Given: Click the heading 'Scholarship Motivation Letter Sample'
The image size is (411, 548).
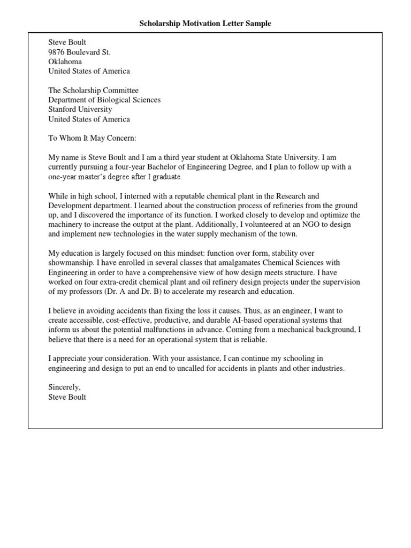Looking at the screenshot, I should coord(205,24).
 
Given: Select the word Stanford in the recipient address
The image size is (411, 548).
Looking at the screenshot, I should coord(63,110).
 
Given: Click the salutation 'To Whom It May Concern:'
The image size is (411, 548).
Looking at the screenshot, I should coord(93,139).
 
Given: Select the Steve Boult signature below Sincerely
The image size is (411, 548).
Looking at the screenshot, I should coord(67,397).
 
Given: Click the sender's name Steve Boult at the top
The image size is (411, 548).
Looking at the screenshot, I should coord(67,42).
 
